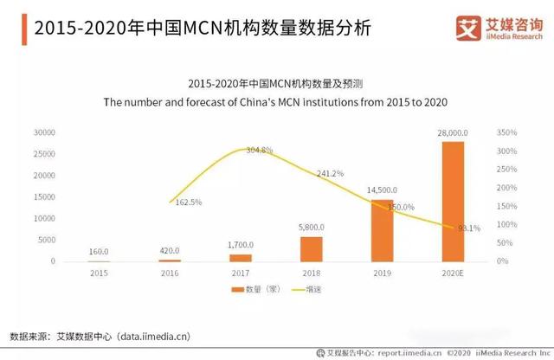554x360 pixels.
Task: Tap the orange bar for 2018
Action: pos(311,248)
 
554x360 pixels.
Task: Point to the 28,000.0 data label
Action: pos(454,132)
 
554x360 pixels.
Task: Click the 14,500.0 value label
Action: pos(382,190)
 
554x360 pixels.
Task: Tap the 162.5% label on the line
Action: pos(188,202)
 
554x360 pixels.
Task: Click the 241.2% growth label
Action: pos(331,173)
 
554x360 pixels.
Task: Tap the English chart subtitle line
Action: pos(275,102)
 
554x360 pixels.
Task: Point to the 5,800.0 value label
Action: pos(311,228)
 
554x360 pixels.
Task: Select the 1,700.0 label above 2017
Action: pos(240,246)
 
